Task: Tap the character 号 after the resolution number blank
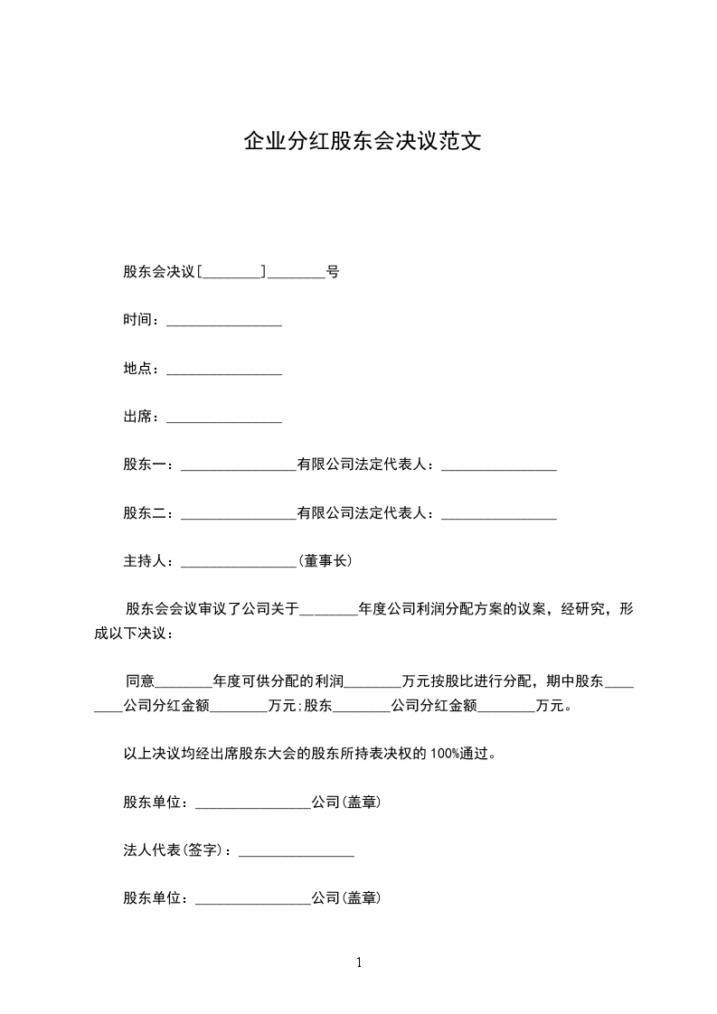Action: pos(332,271)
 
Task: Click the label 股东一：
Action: pos(152,465)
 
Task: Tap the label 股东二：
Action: pos(152,513)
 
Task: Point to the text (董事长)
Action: pos(325,561)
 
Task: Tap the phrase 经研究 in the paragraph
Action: pos(582,609)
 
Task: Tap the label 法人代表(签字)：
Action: pos(179,850)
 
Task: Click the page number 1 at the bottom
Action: pos(359,963)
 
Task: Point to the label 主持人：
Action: pos(152,561)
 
